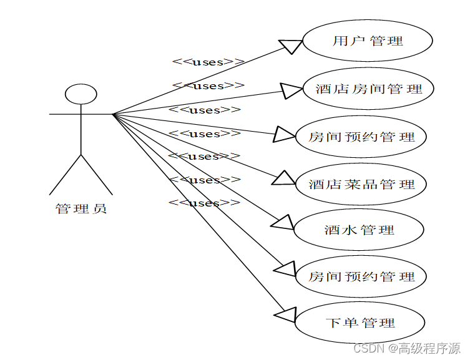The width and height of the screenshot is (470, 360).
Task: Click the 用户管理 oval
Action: click(368, 41)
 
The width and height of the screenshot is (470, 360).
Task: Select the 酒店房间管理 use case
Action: click(368, 89)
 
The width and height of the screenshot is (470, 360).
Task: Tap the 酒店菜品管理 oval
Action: click(362, 184)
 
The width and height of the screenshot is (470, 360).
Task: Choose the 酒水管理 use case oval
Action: click(360, 230)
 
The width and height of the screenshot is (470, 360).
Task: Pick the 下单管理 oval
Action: click(361, 323)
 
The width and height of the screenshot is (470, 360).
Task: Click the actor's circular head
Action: click(81, 94)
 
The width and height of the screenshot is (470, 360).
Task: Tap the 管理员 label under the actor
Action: click(81, 208)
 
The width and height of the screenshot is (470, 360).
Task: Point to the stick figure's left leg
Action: click(66, 175)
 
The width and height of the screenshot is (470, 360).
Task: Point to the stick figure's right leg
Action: click(97, 175)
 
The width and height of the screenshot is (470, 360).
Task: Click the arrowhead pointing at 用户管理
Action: click(291, 46)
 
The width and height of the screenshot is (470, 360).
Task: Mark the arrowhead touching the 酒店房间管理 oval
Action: click(291, 91)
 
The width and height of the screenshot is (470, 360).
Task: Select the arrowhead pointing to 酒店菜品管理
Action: click(284, 178)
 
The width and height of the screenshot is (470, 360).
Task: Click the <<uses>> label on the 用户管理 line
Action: click(208, 61)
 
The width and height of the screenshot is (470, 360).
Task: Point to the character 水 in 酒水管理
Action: click(349, 230)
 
